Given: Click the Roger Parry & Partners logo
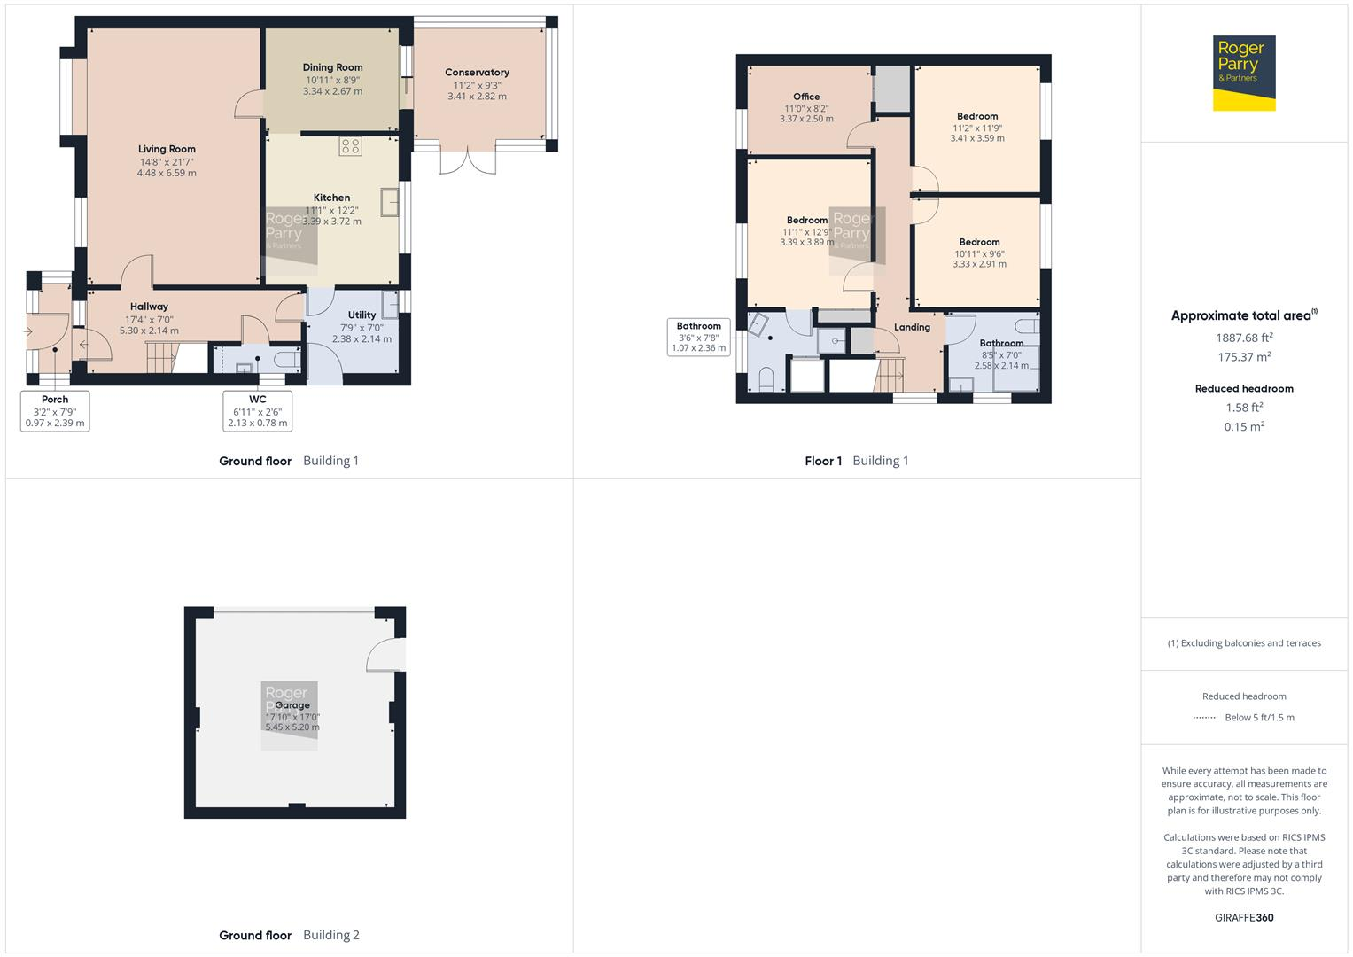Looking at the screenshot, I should tap(1243, 73).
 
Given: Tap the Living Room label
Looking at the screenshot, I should tap(167, 149).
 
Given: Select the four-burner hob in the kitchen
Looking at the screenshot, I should tap(350, 146).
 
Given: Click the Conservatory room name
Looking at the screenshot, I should tap(477, 73).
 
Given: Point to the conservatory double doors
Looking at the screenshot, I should tap(466, 160).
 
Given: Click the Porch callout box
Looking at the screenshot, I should tap(55, 411).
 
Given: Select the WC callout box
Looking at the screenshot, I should tap(257, 411).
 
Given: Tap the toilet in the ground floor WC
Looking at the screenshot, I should tap(286, 360).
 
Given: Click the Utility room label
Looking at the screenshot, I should tap(362, 315).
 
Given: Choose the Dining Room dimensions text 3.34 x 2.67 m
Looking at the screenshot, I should tap(332, 91).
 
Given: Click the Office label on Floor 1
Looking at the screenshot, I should tap(806, 97).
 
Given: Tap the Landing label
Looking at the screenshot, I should tap(912, 327).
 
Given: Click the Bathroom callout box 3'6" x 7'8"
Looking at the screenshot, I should tap(698, 338).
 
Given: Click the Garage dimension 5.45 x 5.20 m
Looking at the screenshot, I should tap(292, 727).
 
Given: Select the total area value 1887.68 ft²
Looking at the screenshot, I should tap(1244, 338).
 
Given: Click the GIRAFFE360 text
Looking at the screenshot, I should tap(1244, 917).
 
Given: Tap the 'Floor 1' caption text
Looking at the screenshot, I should tap(823, 461).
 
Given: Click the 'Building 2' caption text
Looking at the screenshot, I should tap(331, 935).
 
